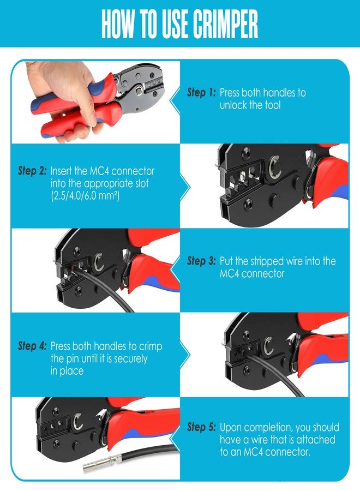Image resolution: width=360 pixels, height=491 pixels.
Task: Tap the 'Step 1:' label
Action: point(201,93)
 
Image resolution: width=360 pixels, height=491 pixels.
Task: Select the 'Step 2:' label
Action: point(32,171)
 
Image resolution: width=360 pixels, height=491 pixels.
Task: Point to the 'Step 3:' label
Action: point(201,261)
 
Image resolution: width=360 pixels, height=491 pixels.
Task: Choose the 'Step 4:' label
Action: point(32,346)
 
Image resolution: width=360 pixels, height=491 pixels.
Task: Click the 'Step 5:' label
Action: point(201,427)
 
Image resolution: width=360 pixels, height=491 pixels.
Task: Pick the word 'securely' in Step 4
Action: point(129,359)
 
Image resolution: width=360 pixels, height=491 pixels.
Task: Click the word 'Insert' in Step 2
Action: point(63,171)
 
